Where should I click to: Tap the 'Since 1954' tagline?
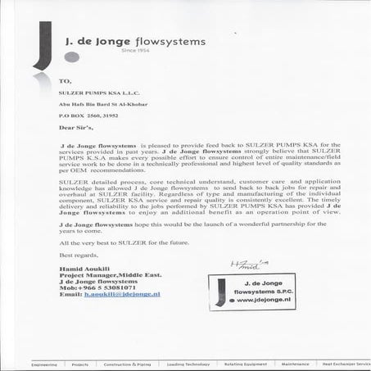(158, 51)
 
